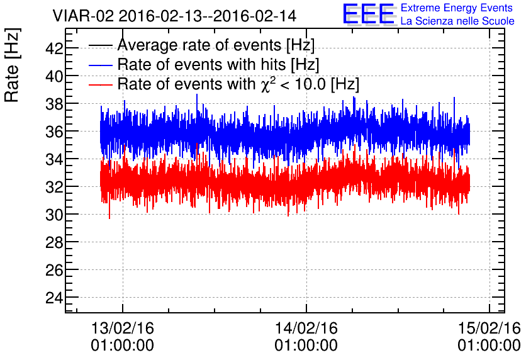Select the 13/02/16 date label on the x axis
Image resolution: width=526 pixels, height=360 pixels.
tap(123, 329)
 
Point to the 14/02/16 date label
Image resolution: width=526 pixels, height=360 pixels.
tap(306, 329)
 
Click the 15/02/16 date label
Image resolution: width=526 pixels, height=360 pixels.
tap(490, 329)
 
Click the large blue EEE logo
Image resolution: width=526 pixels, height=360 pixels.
tap(369, 14)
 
